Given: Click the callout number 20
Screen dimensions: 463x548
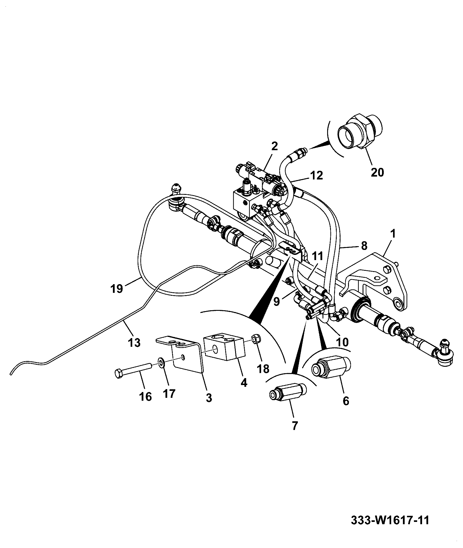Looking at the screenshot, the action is pos(377,172).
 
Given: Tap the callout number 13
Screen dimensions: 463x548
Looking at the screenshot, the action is pos(134,342).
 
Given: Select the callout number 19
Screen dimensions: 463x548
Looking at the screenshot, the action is pos(117,289).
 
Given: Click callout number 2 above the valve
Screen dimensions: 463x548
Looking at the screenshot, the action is pos(275,146).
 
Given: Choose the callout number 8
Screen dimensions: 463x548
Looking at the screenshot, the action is pos(364,246).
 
